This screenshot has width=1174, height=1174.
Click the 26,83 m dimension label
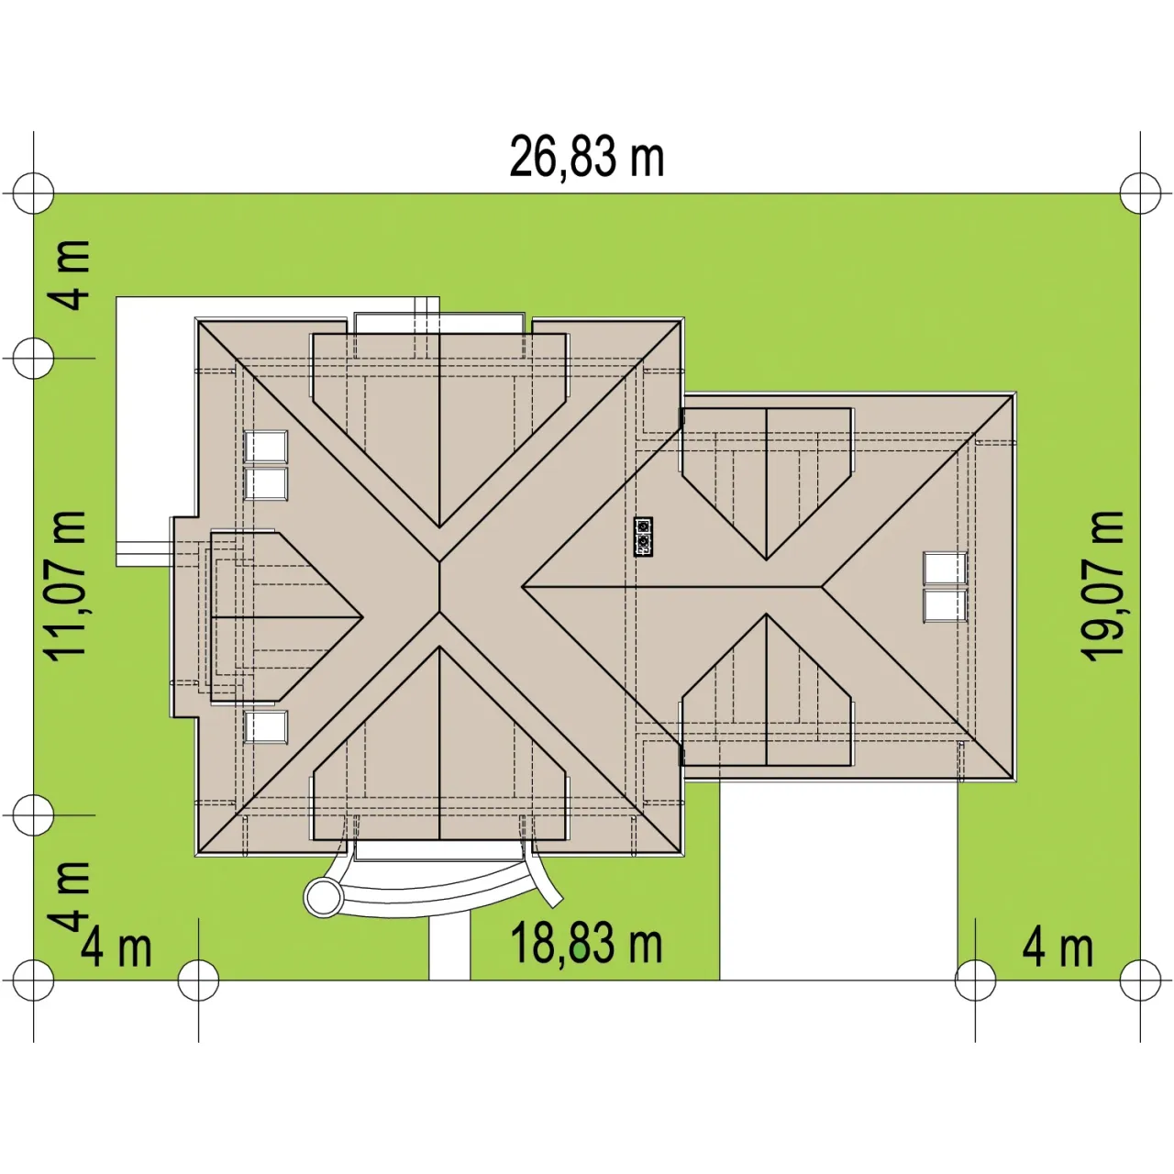[586, 157]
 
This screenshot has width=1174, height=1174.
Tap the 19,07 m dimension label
[1102, 586]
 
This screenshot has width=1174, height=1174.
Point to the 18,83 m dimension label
[586, 943]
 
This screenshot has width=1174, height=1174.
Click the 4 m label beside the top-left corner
[70, 275]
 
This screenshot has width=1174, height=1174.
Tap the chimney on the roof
[643, 537]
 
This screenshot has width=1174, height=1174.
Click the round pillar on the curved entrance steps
[323, 896]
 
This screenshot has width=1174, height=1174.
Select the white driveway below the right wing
[838, 880]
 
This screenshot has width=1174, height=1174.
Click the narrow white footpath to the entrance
[449, 948]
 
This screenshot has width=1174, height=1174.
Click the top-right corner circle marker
[1140, 194]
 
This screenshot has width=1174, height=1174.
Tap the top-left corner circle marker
[34, 194]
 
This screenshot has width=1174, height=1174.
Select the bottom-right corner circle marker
[1140, 980]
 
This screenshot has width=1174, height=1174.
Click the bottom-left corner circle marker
[34, 980]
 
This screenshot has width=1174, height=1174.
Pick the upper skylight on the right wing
[945, 568]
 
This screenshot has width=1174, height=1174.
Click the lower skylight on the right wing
[945, 605]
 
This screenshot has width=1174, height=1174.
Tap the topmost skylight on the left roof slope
[266, 447]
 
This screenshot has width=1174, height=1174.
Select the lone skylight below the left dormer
[266, 726]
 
